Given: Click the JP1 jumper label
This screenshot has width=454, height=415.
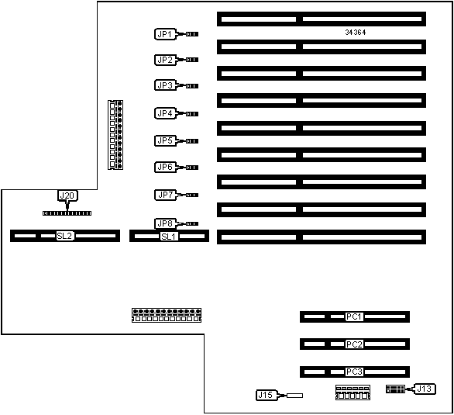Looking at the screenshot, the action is point(165,34).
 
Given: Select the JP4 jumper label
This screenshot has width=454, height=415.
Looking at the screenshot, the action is point(165,113).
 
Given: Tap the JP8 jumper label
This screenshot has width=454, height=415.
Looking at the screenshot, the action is point(165,223).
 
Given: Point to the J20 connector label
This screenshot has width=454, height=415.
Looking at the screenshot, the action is point(67,195).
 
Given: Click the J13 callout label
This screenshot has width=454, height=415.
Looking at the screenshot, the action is point(425,389).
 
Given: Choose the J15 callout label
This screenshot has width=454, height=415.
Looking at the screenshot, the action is point(266,395).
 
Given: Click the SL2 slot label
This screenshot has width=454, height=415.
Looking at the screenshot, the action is point(64,236).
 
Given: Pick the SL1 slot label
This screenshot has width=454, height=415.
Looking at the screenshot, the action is point(169,237).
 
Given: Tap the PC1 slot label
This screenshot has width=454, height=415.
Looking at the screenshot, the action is point(354,316).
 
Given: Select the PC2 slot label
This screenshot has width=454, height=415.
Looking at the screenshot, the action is point(354,344).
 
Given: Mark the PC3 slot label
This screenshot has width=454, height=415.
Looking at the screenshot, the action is point(354,372).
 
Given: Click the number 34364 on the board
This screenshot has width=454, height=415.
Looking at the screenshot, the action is point(356,32).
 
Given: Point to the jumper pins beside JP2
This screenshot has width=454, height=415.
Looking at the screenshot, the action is point(192,60).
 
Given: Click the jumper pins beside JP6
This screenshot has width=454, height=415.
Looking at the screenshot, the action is point(192,168).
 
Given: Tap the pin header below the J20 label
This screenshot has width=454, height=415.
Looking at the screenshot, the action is point(67,213).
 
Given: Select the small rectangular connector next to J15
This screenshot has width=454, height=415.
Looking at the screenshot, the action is point(294,396).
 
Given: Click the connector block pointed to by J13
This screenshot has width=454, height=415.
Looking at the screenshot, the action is point(395,389).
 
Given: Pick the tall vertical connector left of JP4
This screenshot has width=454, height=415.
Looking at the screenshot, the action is point(115,135).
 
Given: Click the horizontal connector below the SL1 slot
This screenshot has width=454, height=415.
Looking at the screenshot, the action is point(167,315).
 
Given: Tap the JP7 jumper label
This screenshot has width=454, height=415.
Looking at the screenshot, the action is point(165,195).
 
